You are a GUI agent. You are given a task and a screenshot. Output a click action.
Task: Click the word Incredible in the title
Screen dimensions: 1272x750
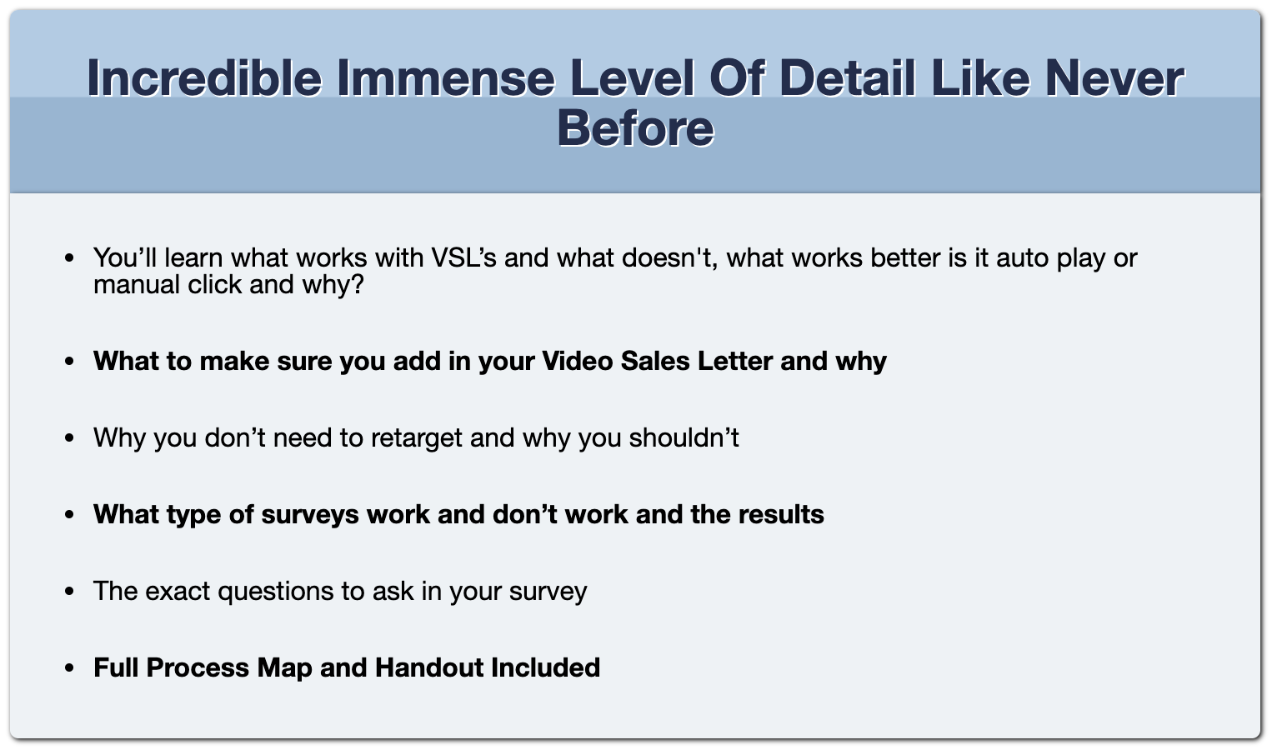(204, 77)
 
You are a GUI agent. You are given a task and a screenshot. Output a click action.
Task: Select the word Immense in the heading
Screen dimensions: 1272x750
(446, 77)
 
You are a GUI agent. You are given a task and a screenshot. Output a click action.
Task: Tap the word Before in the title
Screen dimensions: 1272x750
(635, 128)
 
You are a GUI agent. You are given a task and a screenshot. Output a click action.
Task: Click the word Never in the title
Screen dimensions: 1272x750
(1114, 77)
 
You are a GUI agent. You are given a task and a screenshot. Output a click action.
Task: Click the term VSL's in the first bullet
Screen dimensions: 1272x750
(464, 257)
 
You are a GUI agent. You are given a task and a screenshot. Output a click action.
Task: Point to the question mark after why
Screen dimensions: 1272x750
(358, 284)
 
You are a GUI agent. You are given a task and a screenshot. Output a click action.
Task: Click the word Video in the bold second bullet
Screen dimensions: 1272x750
(578, 361)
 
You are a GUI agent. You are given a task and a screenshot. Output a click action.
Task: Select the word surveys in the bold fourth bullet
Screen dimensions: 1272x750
(310, 515)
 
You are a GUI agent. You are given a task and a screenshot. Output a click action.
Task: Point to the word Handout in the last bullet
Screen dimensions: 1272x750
(429, 667)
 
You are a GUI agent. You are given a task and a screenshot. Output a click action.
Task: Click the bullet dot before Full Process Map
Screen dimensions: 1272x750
(69, 668)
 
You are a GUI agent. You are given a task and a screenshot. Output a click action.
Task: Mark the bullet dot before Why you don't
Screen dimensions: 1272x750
(69, 438)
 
